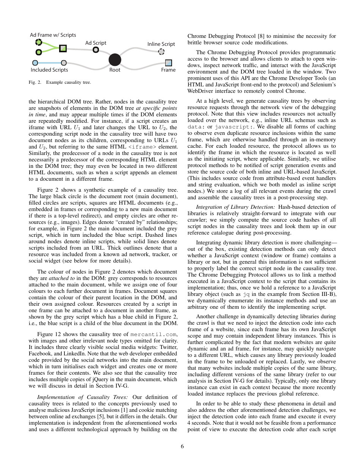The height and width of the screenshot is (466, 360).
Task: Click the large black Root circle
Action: point(115,59)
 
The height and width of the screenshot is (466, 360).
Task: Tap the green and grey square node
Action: point(63,48)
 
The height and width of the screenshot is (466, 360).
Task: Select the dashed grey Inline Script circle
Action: point(161,52)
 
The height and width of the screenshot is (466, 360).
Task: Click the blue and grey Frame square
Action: point(169,63)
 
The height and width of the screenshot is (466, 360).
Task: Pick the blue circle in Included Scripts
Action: point(35,63)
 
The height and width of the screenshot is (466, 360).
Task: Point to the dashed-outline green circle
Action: point(38,42)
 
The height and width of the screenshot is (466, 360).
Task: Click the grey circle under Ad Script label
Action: point(96,50)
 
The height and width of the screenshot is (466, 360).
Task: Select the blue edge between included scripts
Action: point(49,63)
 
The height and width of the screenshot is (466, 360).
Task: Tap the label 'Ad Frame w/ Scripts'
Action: point(53,35)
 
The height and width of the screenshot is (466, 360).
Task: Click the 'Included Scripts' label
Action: point(49,70)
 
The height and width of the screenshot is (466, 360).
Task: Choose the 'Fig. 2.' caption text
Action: point(35,82)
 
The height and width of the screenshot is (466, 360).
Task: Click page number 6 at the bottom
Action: point(182,446)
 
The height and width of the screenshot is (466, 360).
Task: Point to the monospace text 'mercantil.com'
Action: point(153,334)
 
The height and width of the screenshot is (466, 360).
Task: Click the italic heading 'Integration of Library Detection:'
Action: point(236,207)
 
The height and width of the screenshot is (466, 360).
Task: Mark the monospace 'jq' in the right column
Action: point(247,294)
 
